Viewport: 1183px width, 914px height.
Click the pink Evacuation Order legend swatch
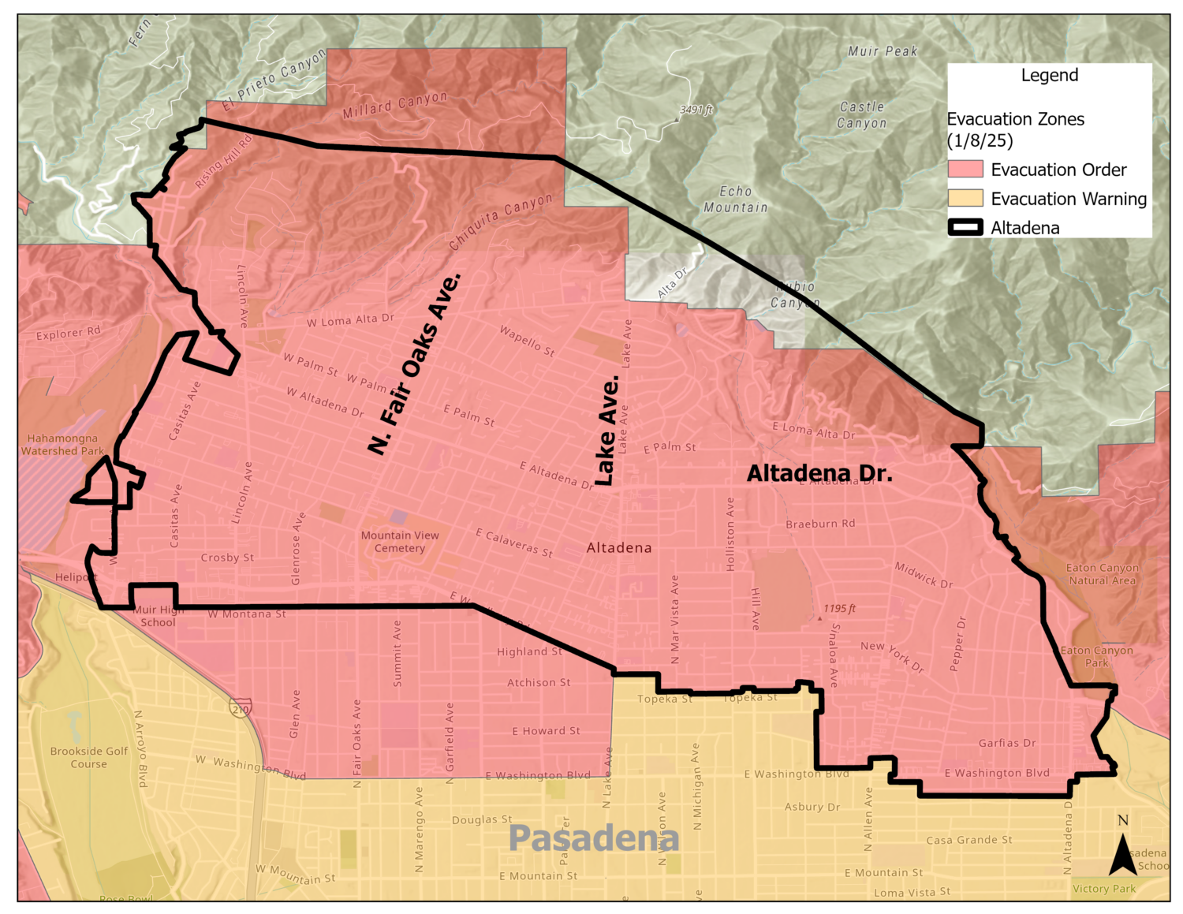pyautogui.click(x=965, y=170)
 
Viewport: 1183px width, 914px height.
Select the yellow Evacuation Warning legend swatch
pyautogui.click(x=965, y=198)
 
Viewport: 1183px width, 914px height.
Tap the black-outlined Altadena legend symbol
pyautogui.click(x=965, y=228)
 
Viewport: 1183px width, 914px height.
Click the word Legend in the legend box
pyautogui.click(x=1049, y=76)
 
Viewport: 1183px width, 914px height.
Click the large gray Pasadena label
pyautogui.click(x=593, y=838)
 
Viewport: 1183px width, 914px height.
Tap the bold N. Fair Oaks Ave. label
pyautogui.click(x=414, y=364)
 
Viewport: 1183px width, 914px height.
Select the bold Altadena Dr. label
pyautogui.click(x=819, y=474)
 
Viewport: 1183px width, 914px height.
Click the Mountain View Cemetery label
pyautogui.click(x=400, y=542)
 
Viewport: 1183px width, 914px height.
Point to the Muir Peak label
pyautogui.click(x=883, y=51)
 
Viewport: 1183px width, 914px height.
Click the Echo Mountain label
pyautogui.click(x=735, y=200)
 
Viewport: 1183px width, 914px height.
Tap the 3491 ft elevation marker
pyautogui.click(x=696, y=110)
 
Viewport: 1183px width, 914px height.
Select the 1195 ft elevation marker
pyautogui.click(x=839, y=609)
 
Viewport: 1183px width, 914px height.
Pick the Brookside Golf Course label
pyautogui.click(x=88, y=757)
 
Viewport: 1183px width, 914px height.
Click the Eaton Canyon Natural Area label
pyautogui.click(x=1102, y=574)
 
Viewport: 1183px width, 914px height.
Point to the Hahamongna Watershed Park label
pyautogui.click(x=62, y=445)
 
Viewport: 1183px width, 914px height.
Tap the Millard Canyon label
pyautogui.click(x=394, y=106)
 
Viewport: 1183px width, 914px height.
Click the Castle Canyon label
pyautogui.click(x=861, y=115)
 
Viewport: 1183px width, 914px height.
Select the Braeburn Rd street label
pyautogui.click(x=820, y=524)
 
